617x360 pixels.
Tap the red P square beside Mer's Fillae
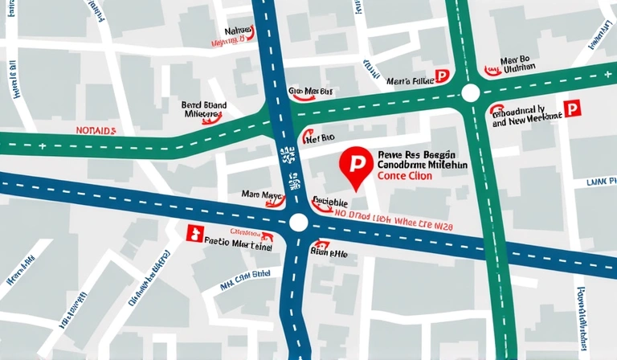441,76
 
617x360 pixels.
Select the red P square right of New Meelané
571,108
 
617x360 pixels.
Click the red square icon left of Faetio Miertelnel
193,233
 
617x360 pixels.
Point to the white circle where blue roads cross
299,223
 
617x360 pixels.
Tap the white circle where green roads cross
471,93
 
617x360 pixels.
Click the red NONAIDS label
96,129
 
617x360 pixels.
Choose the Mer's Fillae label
410,80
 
